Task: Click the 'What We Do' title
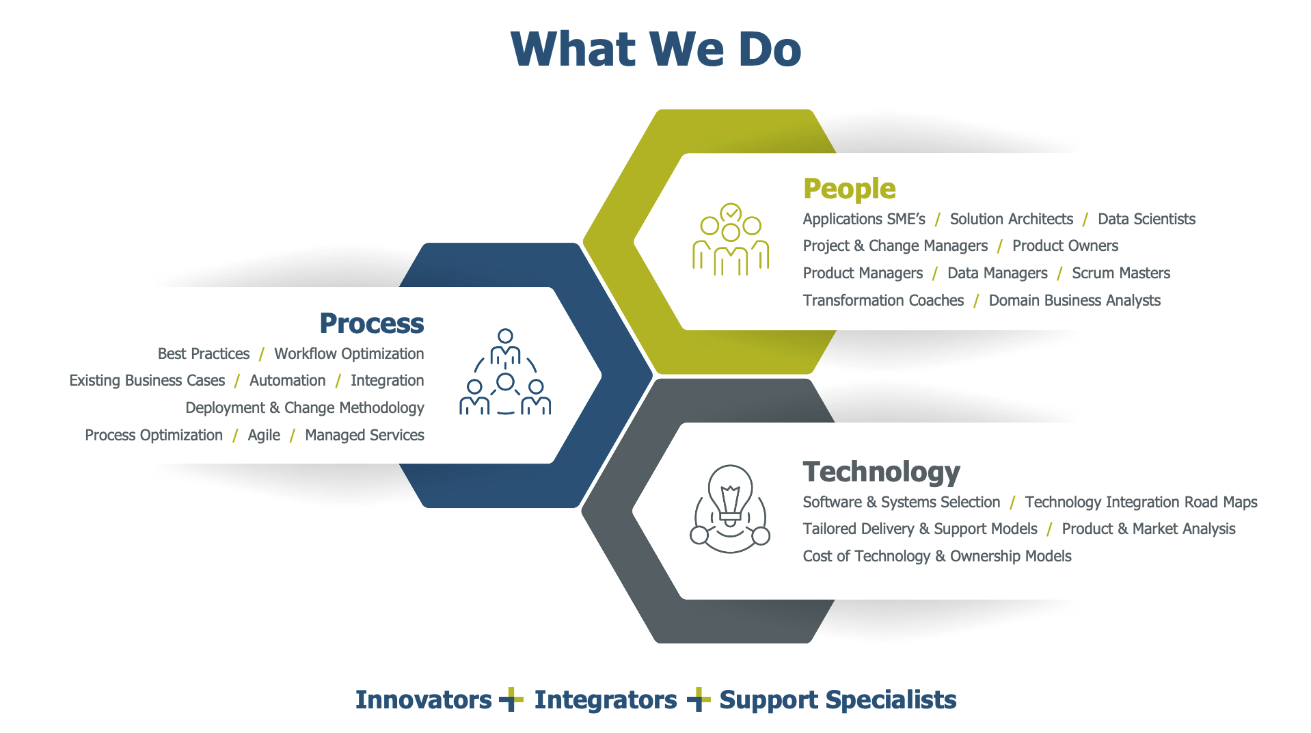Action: tap(655, 49)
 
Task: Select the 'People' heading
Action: tap(849, 189)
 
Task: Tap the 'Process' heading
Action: tap(372, 323)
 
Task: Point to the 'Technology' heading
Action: tap(881, 472)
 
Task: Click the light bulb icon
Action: tap(730, 509)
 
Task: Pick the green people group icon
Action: tap(731, 239)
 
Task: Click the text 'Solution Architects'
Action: tap(1011, 219)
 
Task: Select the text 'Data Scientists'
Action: tap(1146, 219)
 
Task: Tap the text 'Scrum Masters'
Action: tap(1121, 273)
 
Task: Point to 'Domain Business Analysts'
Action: tap(1075, 300)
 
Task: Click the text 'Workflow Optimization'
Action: tap(349, 354)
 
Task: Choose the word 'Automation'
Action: tap(288, 380)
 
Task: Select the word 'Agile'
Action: tap(264, 436)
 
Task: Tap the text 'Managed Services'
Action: tap(364, 436)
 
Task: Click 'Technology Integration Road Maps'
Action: tap(1141, 502)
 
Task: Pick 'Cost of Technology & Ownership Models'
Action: tap(937, 556)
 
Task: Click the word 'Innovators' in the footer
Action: tap(423, 700)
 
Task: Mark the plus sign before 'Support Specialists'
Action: tap(699, 699)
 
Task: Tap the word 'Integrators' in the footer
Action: tap(606, 700)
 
